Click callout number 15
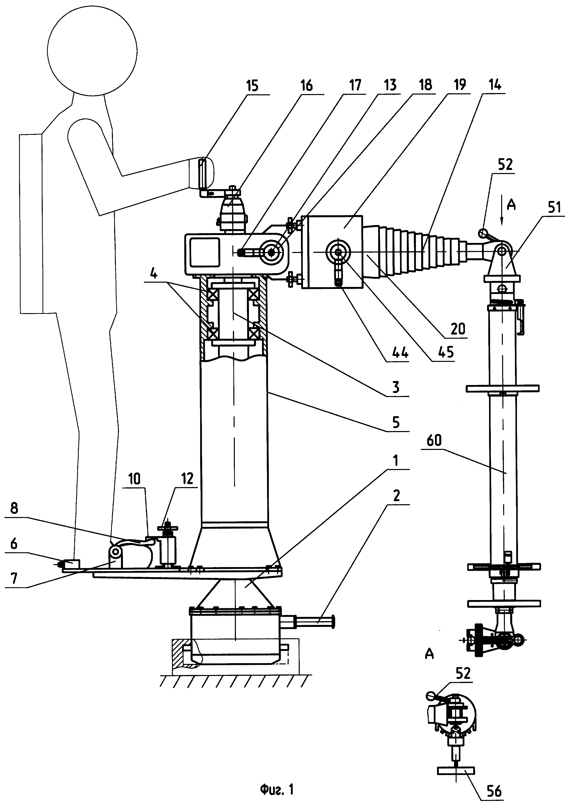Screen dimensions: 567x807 (x=252, y=86)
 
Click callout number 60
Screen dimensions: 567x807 (x=434, y=440)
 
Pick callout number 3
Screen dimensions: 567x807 (x=396, y=387)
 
